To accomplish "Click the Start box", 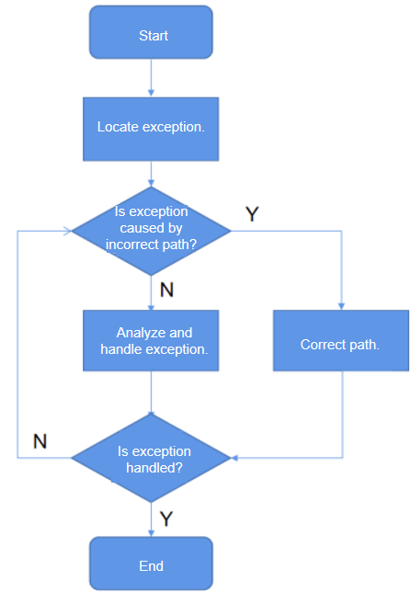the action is pyautogui.click(x=151, y=32).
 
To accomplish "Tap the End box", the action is pyautogui.click(x=151, y=564).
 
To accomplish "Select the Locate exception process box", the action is pyautogui.click(x=151, y=129).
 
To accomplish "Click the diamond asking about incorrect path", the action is pyautogui.click(x=151, y=231).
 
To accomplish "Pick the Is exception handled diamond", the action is pyautogui.click(x=151, y=458).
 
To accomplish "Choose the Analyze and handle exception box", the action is pyautogui.click(x=151, y=340).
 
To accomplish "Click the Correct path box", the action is pyautogui.click(x=341, y=340).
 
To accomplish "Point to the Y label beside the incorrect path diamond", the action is pyautogui.click(x=252, y=213).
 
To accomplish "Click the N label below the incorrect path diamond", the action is pyautogui.click(x=166, y=290).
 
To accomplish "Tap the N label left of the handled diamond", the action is pyautogui.click(x=40, y=441).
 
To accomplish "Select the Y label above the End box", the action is pyautogui.click(x=166, y=518).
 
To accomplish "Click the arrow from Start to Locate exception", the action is pyautogui.click(x=151, y=78).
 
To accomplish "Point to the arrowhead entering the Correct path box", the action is pyautogui.click(x=341, y=306).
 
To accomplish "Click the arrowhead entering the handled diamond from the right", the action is pyautogui.click(x=234, y=458).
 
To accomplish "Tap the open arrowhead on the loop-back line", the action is pyautogui.click(x=67, y=231).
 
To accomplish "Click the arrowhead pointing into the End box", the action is pyautogui.click(x=151, y=533).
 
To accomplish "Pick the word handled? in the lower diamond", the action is pyautogui.click(x=154, y=468).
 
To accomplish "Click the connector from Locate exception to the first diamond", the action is pyautogui.click(x=151, y=174).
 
